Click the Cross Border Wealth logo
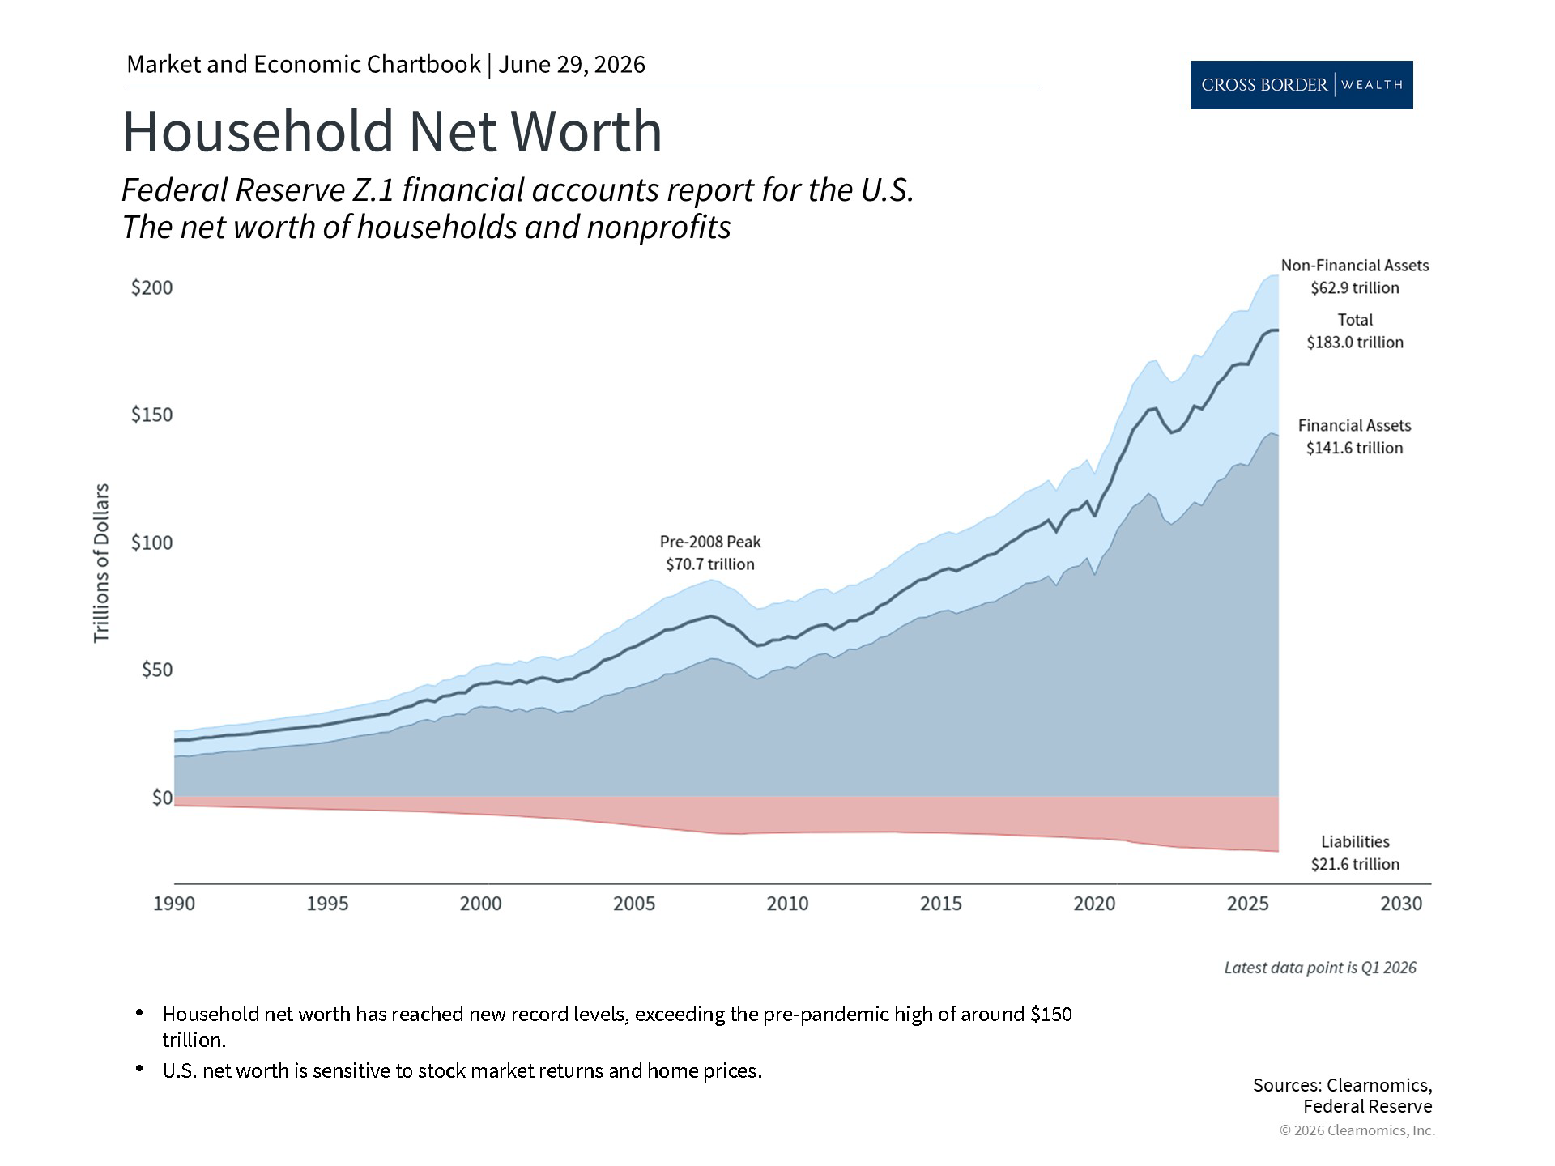coord(1302,84)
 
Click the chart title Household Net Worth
coord(392,131)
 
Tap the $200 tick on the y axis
coord(152,287)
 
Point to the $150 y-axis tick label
coord(152,415)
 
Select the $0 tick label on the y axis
coord(163,798)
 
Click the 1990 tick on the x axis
coord(174,903)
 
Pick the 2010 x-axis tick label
coord(788,903)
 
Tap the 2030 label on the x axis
coord(1401,903)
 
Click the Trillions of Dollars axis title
coord(101,564)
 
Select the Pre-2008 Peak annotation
coord(710,553)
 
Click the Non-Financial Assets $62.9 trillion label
coord(1355,277)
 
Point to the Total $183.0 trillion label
coord(1355,331)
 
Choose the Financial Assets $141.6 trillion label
coord(1354,436)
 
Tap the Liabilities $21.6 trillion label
coord(1355,853)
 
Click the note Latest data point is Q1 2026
coord(1320,968)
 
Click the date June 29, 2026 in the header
coord(572,65)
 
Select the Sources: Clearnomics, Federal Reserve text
coord(1343,1096)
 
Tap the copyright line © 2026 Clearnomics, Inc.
coord(1357,1130)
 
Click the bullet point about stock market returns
coord(462,1070)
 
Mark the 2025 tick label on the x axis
coord(1248,903)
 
